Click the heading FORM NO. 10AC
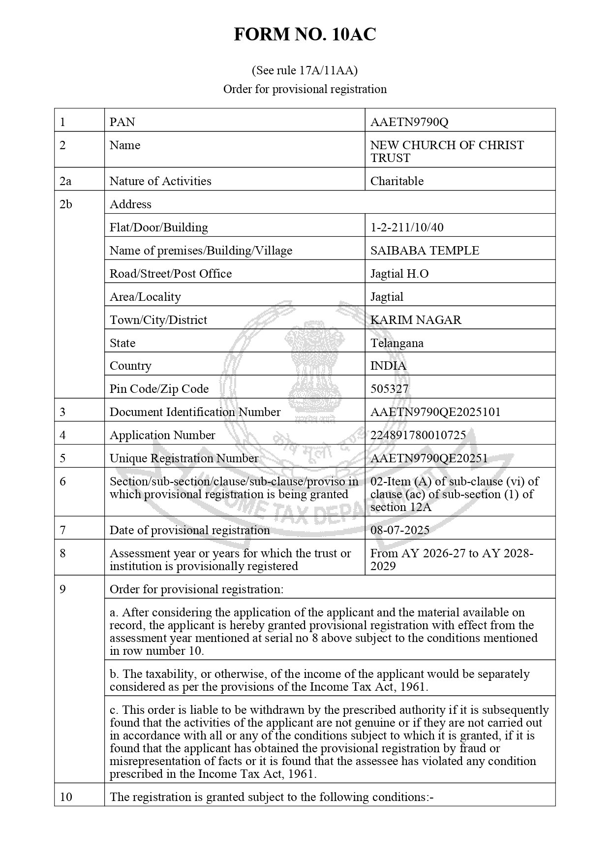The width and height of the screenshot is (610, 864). (x=305, y=35)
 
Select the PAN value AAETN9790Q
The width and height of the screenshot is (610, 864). (x=409, y=122)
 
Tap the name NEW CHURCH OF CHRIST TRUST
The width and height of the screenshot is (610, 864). (x=447, y=151)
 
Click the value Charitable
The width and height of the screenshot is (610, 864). (x=396, y=181)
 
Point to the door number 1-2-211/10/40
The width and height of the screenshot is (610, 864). (x=406, y=227)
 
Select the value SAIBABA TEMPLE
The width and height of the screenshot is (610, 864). (x=425, y=251)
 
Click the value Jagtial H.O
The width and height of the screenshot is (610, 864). (x=399, y=274)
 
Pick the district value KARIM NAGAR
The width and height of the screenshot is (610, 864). (x=416, y=320)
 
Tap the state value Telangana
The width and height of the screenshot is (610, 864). (x=396, y=343)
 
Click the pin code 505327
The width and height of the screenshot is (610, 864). (x=389, y=389)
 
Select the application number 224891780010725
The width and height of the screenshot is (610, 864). (x=418, y=435)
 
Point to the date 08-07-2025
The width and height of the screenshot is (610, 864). (x=399, y=530)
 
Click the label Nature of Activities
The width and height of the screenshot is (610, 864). (x=160, y=181)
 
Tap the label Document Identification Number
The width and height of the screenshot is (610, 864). (x=195, y=412)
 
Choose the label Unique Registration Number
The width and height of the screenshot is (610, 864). (x=183, y=458)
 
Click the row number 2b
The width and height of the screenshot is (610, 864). (x=65, y=204)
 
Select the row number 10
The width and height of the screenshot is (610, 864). (x=65, y=797)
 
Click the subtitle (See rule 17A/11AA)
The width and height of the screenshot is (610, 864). (x=305, y=70)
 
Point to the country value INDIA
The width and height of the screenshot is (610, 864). (x=388, y=366)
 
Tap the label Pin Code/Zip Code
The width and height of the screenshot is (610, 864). (x=159, y=389)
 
